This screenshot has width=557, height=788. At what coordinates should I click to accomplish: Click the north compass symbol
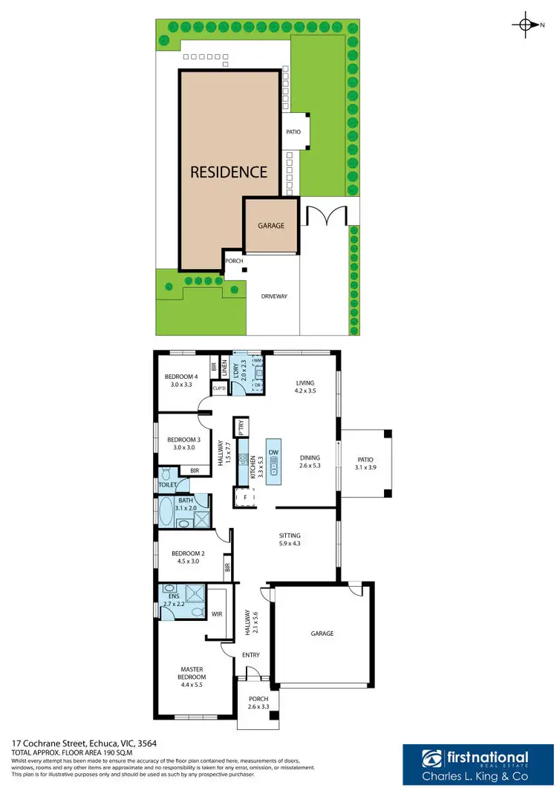pos(526,26)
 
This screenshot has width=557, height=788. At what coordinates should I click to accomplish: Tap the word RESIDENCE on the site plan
pos(229,172)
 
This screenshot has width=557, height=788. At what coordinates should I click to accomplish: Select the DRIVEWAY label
pos(273,296)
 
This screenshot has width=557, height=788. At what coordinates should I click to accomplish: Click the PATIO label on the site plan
pos(293,132)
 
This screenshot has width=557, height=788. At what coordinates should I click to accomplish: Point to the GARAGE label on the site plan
pos(271,225)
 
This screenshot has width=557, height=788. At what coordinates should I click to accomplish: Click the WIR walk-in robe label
pos(217,614)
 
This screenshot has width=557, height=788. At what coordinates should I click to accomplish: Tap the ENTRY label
pos(251,654)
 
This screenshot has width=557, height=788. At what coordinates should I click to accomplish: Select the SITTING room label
pos(289,539)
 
